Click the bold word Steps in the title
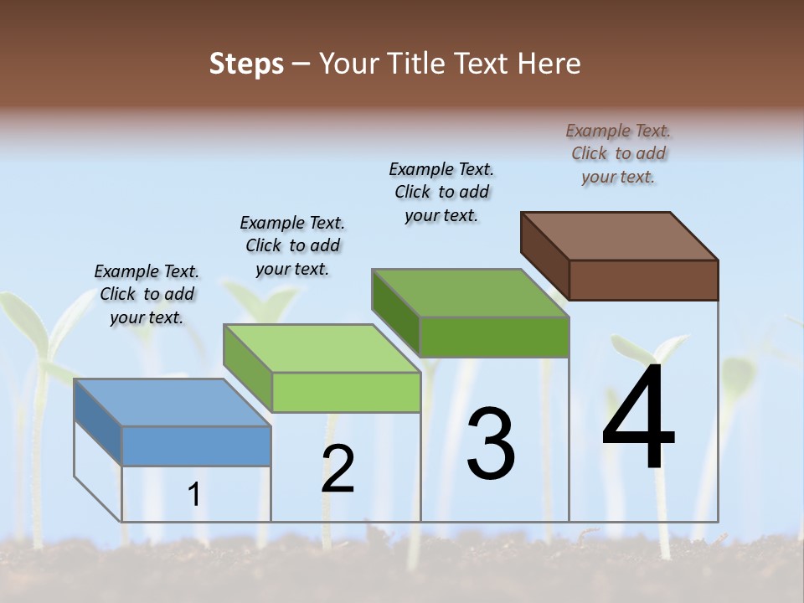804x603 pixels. tap(246, 64)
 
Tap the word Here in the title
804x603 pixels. tap(549, 64)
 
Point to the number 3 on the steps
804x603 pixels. tap(491, 444)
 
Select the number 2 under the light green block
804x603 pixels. tap(338, 469)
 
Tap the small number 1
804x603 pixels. tap(194, 495)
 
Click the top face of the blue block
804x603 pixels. tap(172, 402)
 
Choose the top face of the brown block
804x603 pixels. tap(620, 235)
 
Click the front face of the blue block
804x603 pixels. tap(196, 446)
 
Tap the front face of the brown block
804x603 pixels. tap(643, 280)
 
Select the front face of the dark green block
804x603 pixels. tap(494, 337)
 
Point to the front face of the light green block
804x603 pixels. tap(346, 392)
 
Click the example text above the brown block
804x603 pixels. tap(618, 153)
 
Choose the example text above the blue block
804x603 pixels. tap(147, 294)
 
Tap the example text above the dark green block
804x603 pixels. tap(441, 192)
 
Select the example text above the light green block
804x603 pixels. tap(292, 245)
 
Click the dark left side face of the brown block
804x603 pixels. tap(544, 251)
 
